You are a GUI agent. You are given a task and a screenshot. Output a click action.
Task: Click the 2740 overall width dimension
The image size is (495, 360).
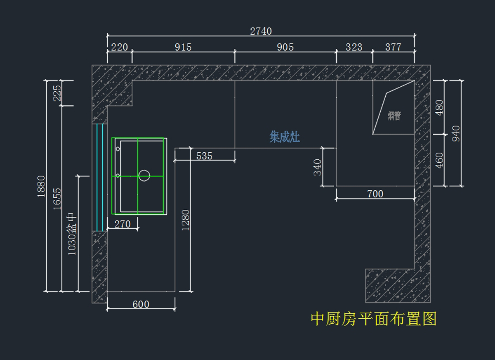tap(261, 31)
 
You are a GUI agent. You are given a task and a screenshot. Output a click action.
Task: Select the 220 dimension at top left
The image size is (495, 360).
tap(120, 47)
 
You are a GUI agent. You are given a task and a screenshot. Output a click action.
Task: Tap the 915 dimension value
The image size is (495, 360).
tap(183, 47)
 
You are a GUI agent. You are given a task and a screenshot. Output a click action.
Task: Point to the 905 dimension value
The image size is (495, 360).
tap(285, 47)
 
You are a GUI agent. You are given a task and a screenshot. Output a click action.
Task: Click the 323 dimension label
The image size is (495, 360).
tap(354, 47)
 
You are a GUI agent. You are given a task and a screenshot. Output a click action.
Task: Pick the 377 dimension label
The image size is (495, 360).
tap(393, 47)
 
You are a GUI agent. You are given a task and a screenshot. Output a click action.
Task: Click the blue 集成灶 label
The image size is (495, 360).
tap(285, 137)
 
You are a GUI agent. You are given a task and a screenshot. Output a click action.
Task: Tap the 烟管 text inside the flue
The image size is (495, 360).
tap(394, 116)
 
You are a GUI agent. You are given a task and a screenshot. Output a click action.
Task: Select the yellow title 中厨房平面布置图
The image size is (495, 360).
tap(373, 319)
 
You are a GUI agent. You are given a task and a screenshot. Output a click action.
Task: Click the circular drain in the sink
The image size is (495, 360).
tap(144, 175)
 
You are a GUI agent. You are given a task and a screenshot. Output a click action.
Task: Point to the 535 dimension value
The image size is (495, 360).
tap(204, 156)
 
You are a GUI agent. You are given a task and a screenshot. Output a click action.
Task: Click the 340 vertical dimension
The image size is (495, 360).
tap(318, 167)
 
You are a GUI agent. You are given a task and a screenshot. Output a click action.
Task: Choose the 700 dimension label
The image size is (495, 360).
tap(375, 194)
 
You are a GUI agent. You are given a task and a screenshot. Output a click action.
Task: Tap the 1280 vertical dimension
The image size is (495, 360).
tap(185, 220)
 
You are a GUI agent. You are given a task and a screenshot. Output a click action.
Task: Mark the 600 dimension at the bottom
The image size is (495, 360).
tap(141, 304)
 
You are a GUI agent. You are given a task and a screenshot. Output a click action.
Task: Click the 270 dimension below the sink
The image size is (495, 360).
tap(122, 224)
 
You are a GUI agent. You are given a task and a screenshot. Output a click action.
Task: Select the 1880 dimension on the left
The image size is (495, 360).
tap(41, 186)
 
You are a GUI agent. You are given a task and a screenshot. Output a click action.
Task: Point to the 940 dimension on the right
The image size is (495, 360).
tap(456, 133)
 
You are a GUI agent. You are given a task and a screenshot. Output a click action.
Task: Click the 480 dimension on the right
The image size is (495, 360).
tap(439, 107)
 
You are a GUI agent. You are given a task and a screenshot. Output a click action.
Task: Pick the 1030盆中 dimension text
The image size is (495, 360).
tap(72, 234)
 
